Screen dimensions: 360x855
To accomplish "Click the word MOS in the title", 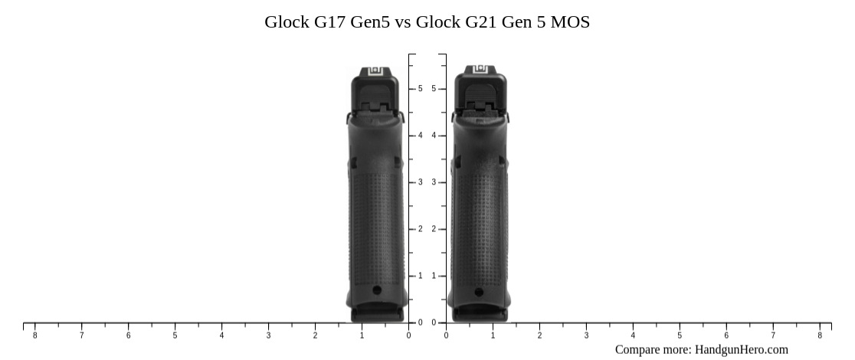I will click(x=571, y=22).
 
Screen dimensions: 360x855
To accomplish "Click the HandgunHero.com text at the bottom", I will click(x=741, y=349).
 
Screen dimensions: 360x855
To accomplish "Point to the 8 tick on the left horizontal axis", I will click(x=34, y=335).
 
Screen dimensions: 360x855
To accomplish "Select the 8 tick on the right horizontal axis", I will click(x=820, y=335).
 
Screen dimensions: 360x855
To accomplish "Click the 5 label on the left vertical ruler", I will click(x=420, y=89).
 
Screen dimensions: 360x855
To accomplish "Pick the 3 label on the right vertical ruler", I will click(x=434, y=182).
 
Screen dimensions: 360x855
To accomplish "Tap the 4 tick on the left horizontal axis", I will click(x=221, y=335).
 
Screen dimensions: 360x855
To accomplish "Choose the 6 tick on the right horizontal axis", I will click(x=726, y=335).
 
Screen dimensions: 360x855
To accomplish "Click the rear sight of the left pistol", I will click(x=375, y=71).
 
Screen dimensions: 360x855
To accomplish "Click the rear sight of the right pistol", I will click(x=480, y=70).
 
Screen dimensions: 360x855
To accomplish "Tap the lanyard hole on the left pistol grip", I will click(x=376, y=290).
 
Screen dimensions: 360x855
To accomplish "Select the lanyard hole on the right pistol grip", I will click(x=479, y=292).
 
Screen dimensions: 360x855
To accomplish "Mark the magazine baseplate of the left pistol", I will click(x=376, y=313).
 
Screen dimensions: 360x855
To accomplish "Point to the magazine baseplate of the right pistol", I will click(x=479, y=313).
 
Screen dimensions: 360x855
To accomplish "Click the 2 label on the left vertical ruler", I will click(x=420, y=229).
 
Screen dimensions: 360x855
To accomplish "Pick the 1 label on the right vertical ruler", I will click(x=434, y=276).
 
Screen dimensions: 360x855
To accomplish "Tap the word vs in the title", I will click(x=403, y=22).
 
